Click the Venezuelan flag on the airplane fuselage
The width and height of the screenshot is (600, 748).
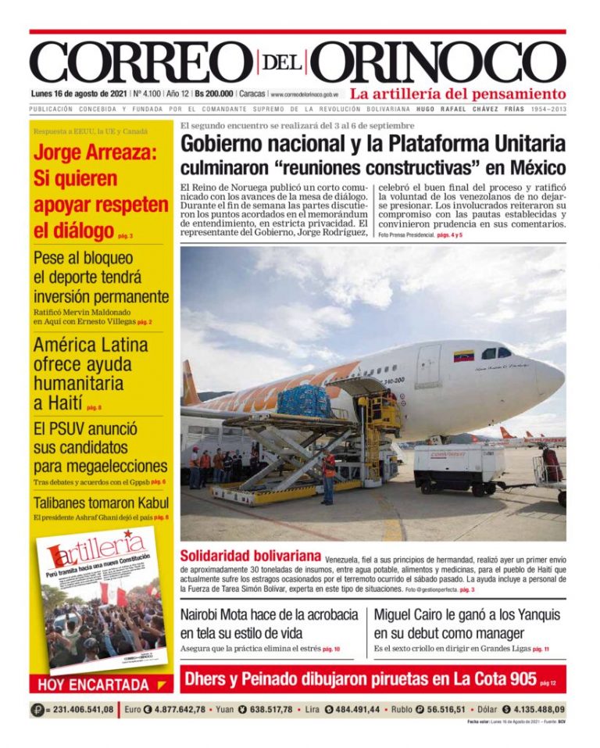point(463,355)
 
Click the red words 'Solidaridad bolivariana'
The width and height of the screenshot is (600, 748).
point(250,557)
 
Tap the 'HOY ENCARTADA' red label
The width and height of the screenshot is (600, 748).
point(93,685)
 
